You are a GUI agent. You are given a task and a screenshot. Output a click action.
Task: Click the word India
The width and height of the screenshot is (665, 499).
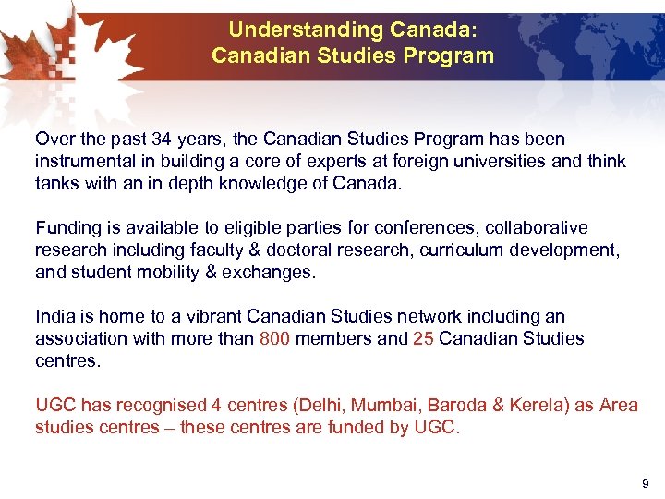pos(54,316)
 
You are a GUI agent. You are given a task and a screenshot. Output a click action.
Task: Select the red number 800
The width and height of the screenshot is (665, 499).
pos(274,338)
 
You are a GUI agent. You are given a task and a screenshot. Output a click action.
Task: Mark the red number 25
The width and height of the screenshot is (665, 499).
pos(423,338)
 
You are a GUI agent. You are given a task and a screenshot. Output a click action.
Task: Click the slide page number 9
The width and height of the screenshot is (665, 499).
pos(645,481)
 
